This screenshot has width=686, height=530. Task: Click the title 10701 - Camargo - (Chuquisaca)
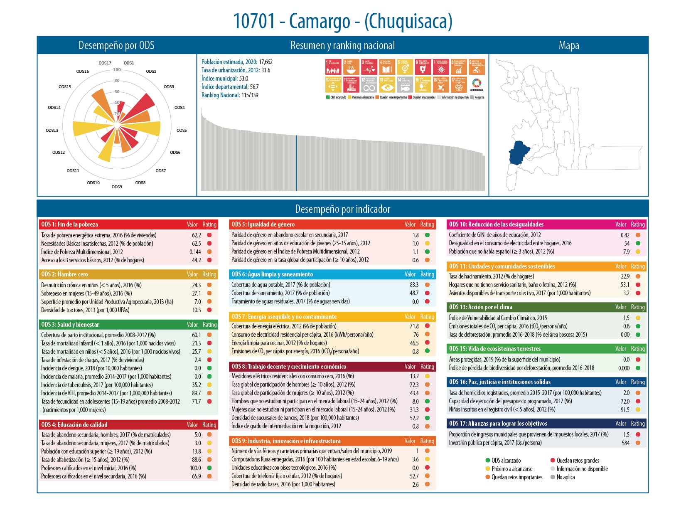click(342, 22)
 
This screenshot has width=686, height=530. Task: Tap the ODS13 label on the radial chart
click(52, 131)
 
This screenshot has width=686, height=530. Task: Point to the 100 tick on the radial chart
click(117, 70)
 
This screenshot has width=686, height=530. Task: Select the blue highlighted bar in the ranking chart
click(296, 163)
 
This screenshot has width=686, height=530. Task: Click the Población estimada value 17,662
click(266, 62)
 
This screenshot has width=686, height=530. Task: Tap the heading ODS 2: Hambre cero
click(64, 274)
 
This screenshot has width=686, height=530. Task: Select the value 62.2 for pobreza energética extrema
click(196, 235)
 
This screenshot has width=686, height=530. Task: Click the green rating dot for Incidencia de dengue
click(209, 368)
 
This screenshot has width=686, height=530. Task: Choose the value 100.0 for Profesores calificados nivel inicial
click(195, 468)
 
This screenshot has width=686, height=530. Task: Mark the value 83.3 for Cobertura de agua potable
click(414, 285)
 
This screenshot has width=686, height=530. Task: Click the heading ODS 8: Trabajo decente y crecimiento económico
click(289, 367)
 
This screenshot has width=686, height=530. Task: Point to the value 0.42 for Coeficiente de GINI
click(625, 235)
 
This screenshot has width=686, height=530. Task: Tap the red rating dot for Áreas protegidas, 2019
click(638, 360)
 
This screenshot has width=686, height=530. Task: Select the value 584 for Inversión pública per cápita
click(625, 443)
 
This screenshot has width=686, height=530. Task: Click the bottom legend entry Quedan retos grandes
click(578, 461)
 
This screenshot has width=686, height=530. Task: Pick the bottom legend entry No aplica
click(566, 477)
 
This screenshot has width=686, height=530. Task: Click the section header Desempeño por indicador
click(342, 209)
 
